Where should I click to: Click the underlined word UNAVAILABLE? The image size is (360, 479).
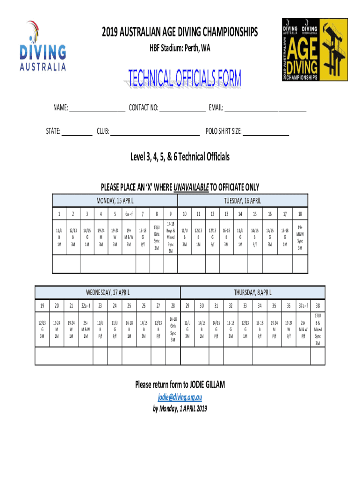191,188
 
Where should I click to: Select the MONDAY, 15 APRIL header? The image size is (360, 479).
115,201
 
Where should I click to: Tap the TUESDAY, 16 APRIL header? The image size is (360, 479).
243,201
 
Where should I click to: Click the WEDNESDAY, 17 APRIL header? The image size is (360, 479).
108,292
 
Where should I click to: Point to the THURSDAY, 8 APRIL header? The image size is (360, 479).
252,292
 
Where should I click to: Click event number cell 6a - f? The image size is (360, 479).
129,214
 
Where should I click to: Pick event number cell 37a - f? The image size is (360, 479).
303,306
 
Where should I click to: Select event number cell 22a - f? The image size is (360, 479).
86,306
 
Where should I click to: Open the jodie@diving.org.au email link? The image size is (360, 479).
180,398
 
